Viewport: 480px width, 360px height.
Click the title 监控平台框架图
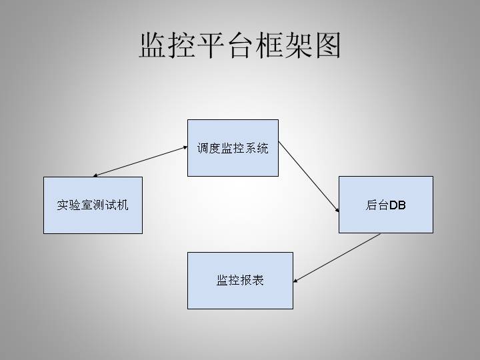(x=239, y=45)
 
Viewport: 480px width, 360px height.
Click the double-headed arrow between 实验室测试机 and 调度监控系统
(x=140, y=162)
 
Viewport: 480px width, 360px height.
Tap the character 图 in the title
(x=326, y=45)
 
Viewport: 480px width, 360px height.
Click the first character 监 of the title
(x=153, y=45)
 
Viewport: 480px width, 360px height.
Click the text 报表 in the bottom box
(x=252, y=281)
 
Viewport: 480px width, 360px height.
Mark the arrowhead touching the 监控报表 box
(x=296, y=280)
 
